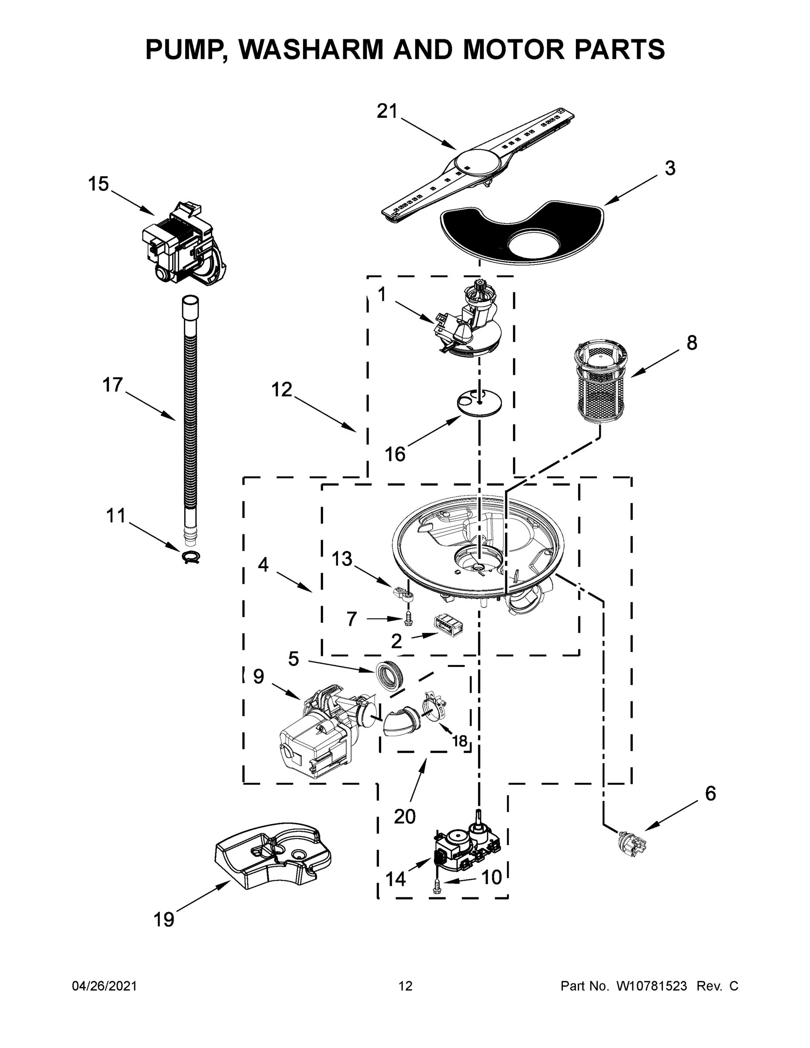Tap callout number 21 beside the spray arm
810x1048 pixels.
[x=387, y=111]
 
